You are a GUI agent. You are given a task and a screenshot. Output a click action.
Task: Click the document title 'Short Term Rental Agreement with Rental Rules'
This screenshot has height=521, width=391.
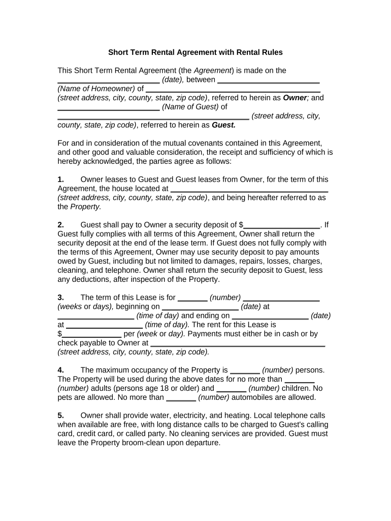pos(195,52)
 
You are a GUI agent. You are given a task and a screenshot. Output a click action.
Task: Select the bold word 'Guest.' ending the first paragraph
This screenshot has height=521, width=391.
pos(223,125)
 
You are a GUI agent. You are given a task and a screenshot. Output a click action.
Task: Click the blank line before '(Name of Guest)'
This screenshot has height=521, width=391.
pos(108,107)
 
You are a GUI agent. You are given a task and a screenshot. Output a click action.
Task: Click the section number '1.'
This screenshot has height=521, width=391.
pos(60,179)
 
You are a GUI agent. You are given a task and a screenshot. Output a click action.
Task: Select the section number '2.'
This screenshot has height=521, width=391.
pos(60,224)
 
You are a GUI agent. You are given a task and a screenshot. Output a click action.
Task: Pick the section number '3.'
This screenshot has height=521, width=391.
pos(60,297)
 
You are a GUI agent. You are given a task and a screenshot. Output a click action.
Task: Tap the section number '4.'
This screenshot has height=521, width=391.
pos(60,370)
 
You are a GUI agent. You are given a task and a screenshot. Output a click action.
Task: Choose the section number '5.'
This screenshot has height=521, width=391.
pos(60,415)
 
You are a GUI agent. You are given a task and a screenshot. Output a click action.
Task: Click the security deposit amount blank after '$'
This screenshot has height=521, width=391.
pos(281,225)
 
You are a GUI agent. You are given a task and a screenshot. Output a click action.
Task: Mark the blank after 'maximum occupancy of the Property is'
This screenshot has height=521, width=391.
pos(245,370)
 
